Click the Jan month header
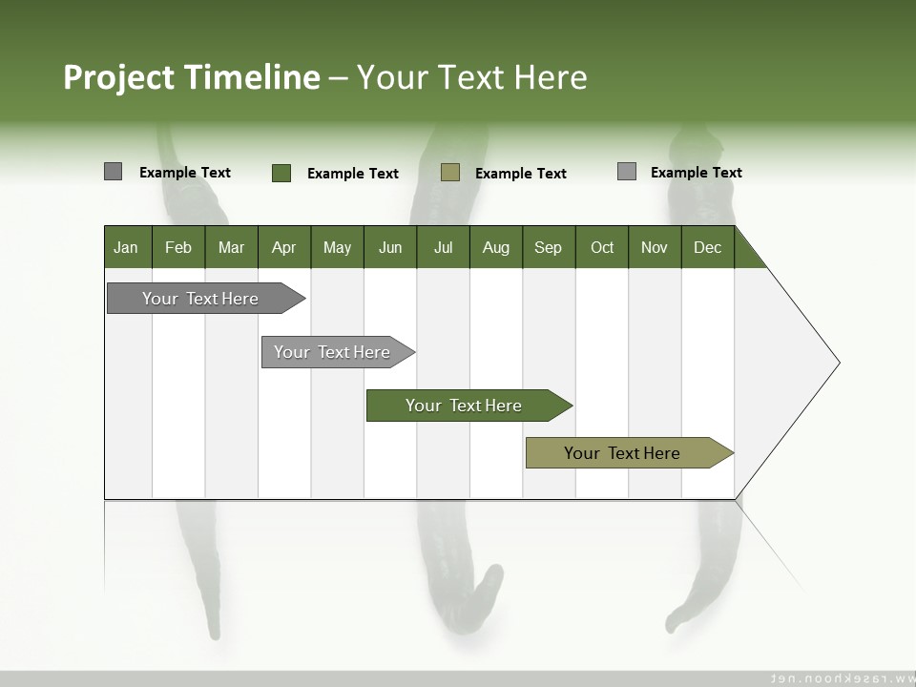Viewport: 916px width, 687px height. [x=127, y=247]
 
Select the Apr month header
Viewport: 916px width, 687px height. [x=284, y=247]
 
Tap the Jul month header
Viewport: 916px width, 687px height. [x=443, y=247]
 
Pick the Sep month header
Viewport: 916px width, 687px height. [x=548, y=247]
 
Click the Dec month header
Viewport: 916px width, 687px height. [x=707, y=247]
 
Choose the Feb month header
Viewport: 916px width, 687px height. [x=178, y=247]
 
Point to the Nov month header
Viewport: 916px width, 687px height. [x=654, y=247]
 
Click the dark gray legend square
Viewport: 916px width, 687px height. [x=114, y=172]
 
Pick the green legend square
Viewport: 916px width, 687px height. [x=281, y=173]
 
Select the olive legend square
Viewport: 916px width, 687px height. [x=450, y=172]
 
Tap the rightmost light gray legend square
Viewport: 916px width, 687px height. [x=627, y=172]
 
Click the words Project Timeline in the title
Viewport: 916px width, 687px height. [x=192, y=77]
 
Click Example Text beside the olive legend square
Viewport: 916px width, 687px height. [x=520, y=174]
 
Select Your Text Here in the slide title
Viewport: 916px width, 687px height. [x=472, y=77]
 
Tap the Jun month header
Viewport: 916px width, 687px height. [x=390, y=247]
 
